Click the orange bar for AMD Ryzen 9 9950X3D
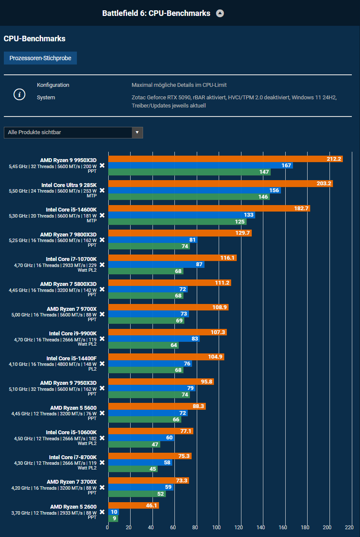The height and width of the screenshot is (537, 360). pyautogui.click(x=225, y=159)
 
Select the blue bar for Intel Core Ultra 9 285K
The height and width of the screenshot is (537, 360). pyautogui.click(x=194, y=190)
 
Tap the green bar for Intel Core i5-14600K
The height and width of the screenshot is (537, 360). pyautogui.click(x=177, y=222)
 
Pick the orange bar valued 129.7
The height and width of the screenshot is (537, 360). pyautogui.click(x=180, y=233)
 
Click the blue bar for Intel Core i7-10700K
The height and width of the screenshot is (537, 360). pyautogui.click(x=156, y=264)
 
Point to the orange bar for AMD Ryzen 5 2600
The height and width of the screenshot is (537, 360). pyautogui.click(x=133, y=506)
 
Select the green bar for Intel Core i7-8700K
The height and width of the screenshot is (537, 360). pyautogui.click(x=133, y=469)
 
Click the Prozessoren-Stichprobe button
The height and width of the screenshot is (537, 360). pyautogui.click(x=40, y=58)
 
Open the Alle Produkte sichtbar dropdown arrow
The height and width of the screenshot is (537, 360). pyautogui.click(x=137, y=132)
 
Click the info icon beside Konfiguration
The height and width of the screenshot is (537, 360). pyautogui.click(x=19, y=95)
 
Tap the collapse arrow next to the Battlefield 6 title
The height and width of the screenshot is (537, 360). pyautogui.click(x=220, y=13)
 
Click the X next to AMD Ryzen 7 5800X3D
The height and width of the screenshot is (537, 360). pyautogui.click(x=102, y=289)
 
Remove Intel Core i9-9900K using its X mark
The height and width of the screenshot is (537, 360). pyautogui.click(x=102, y=339)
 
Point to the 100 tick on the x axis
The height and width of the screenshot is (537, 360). pyautogui.click(x=217, y=528)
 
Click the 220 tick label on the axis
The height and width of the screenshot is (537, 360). pyautogui.click(x=349, y=528)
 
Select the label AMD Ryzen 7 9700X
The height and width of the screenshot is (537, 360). pyautogui.click(x=72, y=309)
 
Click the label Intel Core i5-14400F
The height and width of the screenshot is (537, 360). pyautogui.click(x=71, y=358)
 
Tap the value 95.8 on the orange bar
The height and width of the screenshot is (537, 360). pyautogui.click(x=206, y=382)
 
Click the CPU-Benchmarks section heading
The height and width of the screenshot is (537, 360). pyautogui.click(x=34, y=39)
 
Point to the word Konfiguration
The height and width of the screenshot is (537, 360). pyautogui.click(x=53, y=85)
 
